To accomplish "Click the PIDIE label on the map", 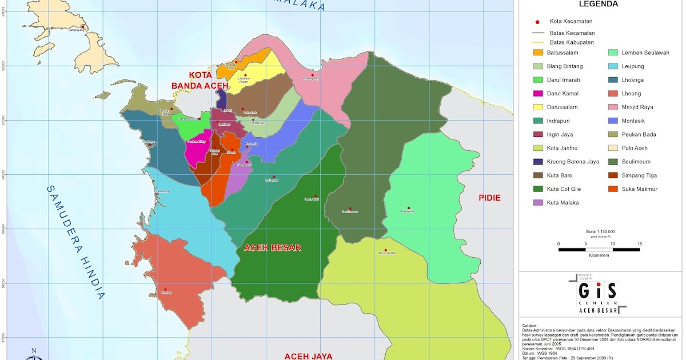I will (490, 198).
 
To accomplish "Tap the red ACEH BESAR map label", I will (272, 248).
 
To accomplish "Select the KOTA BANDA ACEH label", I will (200, 81).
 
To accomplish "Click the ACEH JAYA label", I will (308, 355).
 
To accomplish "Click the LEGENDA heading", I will (599, 4).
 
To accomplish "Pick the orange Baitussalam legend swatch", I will (538, 53).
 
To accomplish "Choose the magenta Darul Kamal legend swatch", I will (538, 94).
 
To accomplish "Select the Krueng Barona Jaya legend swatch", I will (538, 162).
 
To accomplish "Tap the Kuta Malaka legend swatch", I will (538, 203).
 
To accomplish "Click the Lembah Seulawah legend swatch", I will (614, 53).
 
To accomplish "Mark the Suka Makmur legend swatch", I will (614, 189).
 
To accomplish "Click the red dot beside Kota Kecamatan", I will (538, 22).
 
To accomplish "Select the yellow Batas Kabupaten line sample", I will (538, 42).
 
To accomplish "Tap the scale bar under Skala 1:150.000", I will (599, 250).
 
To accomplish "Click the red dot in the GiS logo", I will (598, 285).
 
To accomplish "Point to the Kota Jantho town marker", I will (386, 250).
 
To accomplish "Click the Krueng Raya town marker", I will (313, 75).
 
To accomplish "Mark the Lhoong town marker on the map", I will (165, 290).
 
